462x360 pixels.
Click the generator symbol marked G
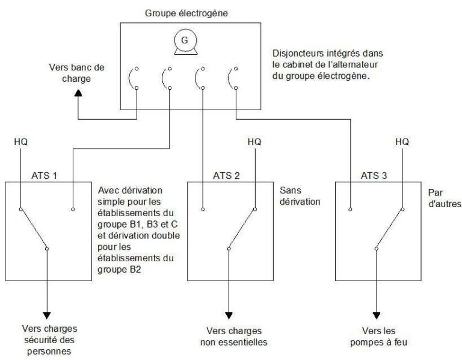(180, 40)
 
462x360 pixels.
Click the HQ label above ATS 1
(20, 142)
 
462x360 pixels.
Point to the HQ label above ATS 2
(254, 142)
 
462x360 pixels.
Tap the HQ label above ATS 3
(402, 142)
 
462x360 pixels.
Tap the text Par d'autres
(443, 199)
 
